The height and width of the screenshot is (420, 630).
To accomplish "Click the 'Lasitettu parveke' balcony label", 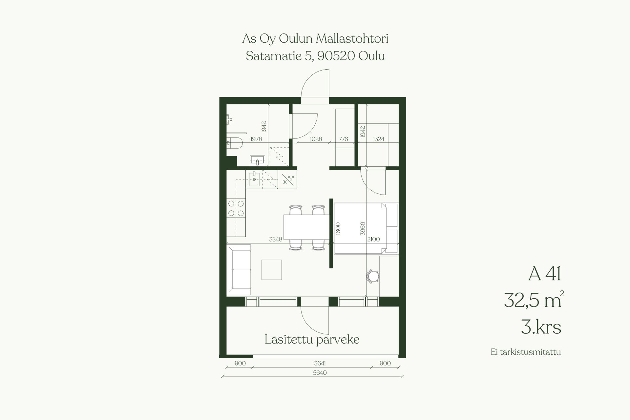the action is (312, 339).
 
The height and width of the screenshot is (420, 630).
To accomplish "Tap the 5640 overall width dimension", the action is (320, 373).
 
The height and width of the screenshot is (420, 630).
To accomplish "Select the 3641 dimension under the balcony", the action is (320, 363).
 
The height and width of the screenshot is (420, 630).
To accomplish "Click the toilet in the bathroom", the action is (235, 143).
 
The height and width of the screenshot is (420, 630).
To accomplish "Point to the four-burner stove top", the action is (236, 208).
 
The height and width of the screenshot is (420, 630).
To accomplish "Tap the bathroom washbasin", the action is (257, 160).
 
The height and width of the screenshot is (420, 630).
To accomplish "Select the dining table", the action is (306, 227).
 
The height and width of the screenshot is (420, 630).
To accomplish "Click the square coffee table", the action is (272, 270).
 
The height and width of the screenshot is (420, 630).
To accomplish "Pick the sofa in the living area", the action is (239, 270).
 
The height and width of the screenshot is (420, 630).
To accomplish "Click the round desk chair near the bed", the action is (373, 276).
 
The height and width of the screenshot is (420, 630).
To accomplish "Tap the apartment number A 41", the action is (545, 274).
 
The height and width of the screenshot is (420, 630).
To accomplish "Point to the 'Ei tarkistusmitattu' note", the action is (526, 352).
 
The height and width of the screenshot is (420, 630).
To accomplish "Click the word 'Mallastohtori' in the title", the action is (352, 39).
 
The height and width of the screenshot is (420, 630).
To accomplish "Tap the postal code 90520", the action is (336, 56).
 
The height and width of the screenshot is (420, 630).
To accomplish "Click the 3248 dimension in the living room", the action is (276, 239).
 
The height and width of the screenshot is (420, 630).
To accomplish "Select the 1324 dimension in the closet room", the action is (378, 139).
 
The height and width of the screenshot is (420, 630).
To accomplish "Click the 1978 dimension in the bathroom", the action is (256, 139).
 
